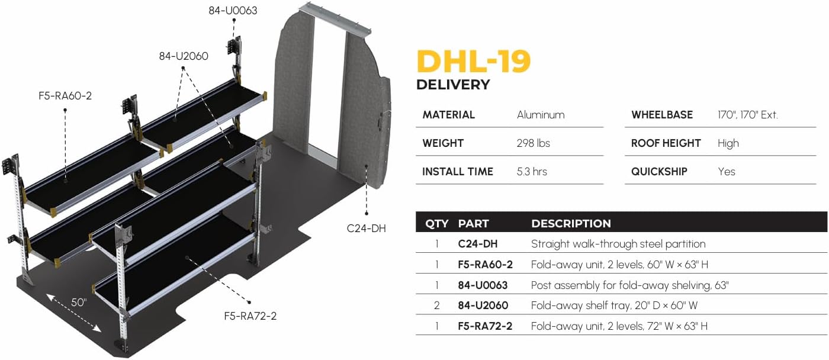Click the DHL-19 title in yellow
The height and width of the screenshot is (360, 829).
473,61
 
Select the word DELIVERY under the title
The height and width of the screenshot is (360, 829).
453,85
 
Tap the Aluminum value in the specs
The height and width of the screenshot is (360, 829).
541,115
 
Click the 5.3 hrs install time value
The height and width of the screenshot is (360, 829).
532,172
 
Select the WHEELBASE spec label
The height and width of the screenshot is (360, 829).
662,115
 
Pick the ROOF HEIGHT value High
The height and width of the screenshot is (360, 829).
728,143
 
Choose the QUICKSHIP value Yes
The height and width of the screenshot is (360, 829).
726,172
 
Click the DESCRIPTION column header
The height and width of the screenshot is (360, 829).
571,224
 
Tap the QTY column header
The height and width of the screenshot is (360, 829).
437,224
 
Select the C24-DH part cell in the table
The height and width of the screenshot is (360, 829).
477,244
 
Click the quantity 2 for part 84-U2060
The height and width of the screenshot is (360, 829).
436,306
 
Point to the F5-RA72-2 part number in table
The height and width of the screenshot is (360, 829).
485,326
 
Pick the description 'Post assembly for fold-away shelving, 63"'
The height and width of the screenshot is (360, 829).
629,285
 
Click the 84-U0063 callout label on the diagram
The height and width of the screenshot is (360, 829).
233,10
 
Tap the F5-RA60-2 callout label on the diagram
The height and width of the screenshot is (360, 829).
65,95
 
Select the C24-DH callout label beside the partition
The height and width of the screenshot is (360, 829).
367,227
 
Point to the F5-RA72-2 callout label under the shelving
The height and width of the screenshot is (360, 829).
250,316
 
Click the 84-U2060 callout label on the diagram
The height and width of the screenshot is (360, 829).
184,56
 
